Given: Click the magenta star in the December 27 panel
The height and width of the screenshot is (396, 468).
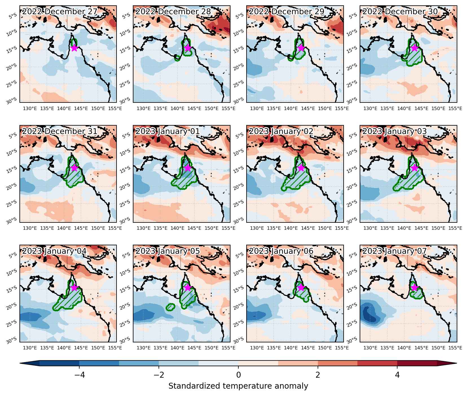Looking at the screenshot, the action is (74, 48).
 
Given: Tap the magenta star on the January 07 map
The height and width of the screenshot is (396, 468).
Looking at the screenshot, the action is (414, 288).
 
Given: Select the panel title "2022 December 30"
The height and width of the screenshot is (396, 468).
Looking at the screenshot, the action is (400, 12).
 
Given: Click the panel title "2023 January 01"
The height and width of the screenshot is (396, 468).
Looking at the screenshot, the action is (168, 131).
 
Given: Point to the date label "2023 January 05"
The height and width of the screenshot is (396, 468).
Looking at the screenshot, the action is (168, 251).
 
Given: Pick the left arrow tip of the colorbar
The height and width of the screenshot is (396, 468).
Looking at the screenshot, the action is (20, 363).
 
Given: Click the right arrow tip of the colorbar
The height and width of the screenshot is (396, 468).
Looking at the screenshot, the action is (456, 363).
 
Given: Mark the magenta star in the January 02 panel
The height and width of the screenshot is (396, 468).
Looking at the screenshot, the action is (301, 168).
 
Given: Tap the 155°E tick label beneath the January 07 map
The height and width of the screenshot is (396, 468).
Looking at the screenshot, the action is (455, 348).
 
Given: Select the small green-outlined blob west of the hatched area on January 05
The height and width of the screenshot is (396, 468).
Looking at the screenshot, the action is (170, 307).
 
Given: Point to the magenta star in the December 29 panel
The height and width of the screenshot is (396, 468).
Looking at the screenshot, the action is (301, 48).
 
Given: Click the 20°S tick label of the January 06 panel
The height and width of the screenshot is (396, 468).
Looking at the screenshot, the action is (238, 306).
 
